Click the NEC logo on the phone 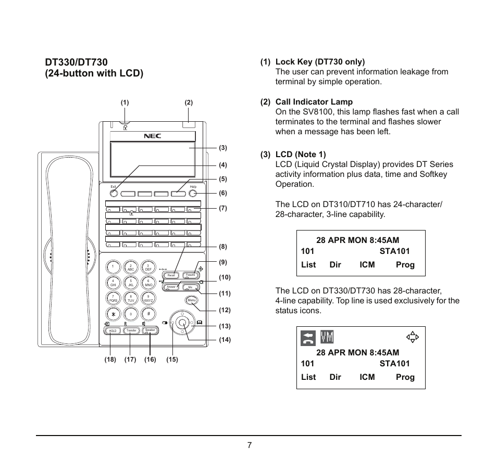point(152,136)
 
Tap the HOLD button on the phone point(112,330)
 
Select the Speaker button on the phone point(150,330)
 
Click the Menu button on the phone point(191,300)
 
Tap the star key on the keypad point(113,314)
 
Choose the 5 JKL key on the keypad point(131,283)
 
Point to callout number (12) point(225,310)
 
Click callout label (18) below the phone point(110,360)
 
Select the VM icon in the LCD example point(327,337)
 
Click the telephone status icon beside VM point(308,337)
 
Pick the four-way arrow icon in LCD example point(413,337)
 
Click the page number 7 point(250,445)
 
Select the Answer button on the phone point(171,287)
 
